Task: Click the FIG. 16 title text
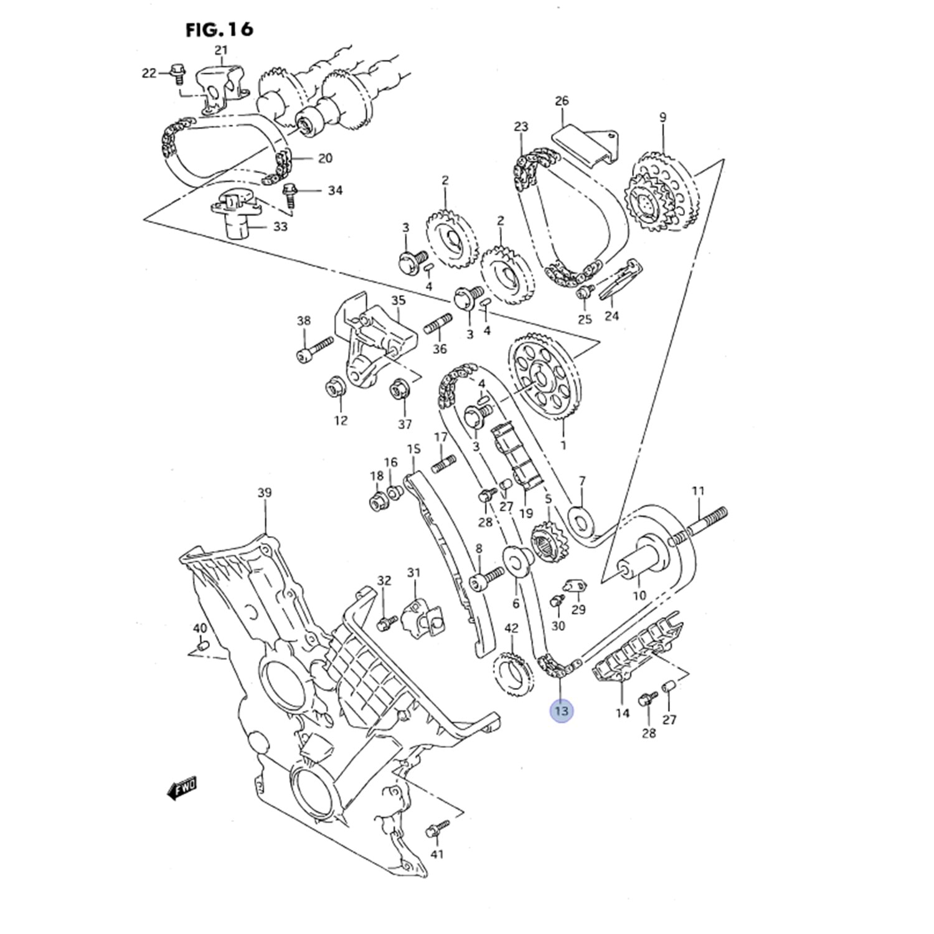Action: coord(219,29)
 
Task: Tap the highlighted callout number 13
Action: coord(561,710)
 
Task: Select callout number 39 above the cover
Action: coord(265,493)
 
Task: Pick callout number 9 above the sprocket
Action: coord(663,116)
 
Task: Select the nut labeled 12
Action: coord(337,389)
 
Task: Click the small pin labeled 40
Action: coord(200,649)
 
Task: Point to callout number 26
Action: coord(562,101)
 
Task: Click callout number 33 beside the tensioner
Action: coord(280,227)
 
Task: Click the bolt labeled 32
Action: coord(386,621)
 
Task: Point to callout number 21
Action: coord(221,50)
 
